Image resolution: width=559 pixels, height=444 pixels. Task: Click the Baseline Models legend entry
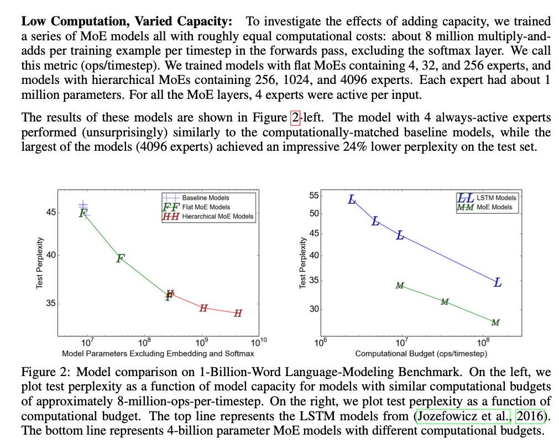[x=205, y=198]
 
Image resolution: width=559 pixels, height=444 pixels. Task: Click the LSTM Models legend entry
[x=496, y=198]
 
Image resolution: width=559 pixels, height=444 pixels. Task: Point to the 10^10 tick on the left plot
[x=259, y=341]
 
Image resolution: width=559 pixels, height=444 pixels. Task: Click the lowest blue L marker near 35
[x=498, y=283]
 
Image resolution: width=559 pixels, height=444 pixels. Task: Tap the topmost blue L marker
[x=352, y=199]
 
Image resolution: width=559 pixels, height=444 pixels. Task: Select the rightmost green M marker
[x=495, y=323]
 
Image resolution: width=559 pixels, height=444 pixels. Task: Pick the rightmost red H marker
[x=238, y=314]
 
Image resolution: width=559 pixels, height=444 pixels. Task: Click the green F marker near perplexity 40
[x=121, y=257]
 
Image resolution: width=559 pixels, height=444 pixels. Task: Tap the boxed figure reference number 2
[x=294, y=118]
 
